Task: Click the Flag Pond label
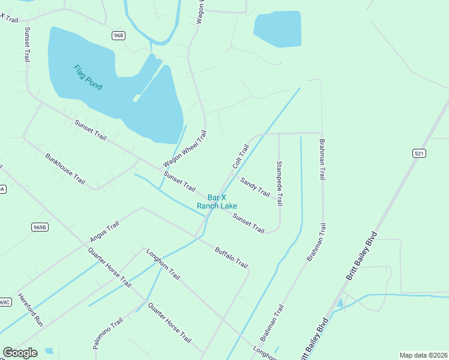88,77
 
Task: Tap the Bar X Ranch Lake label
217,202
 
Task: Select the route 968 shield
118,36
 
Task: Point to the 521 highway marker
420,154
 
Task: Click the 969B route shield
40,227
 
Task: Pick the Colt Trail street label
241,156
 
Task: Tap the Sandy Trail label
255,187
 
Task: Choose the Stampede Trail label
279,183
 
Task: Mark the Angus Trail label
104,232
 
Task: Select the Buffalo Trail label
231,255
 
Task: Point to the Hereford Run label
30,309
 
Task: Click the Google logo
20,353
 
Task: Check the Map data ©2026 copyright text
423,355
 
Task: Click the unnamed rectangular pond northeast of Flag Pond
277,28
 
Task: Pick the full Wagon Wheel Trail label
184,149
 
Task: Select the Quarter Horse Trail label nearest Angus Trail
109,267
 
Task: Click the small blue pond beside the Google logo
49,351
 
